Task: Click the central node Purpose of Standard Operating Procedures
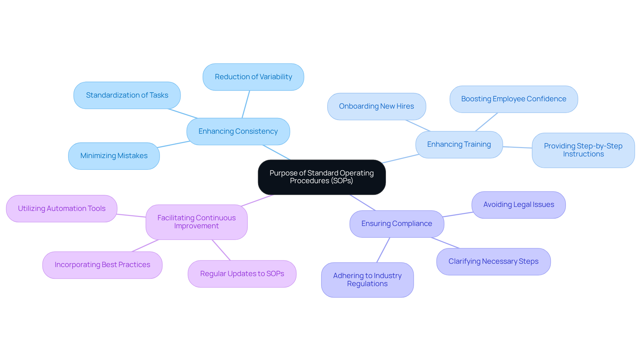click(x=322, y=177)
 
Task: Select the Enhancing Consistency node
click(x=238, y=131)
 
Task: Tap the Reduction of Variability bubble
click(x=253, y=77)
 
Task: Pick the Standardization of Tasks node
click(x=127, y=95)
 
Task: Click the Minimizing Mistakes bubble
click(x=114, y=156)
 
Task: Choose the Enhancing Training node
click(x=459, y=144)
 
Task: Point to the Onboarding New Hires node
click(x=376, y=106)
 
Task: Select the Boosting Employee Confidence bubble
click(x=513, y=99)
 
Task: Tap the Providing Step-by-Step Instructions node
click(x=583, y=150)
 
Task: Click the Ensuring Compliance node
click(x=397, y=224)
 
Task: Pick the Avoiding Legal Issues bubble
click(x=518, y=205)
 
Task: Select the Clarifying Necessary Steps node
click(x=493, y=261)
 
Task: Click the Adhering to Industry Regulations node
click(x=367, y=280)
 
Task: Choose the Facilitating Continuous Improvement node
click(x=196, y=222)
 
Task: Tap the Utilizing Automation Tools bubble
click(x=61, y=209)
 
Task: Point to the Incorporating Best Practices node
click(x=102, y=265)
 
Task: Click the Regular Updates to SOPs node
click(x=242, y=274)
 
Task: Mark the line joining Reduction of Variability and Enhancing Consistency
click(x=246, y=104)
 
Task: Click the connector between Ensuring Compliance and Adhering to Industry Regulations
click(x=383, y=250)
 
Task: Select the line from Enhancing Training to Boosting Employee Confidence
click(x=486, y=122)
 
